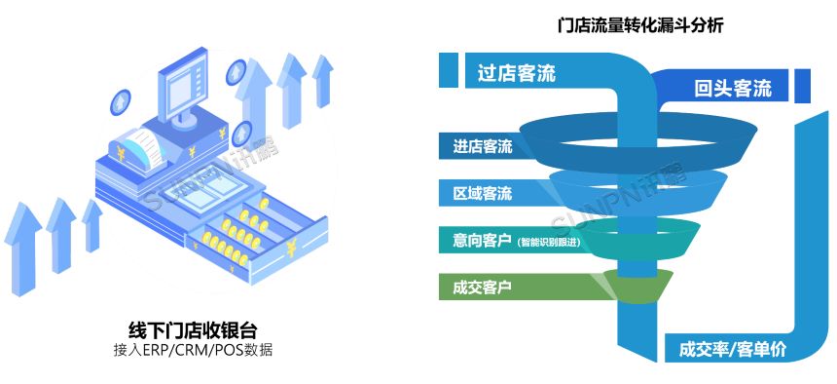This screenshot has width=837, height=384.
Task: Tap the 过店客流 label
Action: tap(517, 73)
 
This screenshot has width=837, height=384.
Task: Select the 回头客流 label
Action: tap(733, 89)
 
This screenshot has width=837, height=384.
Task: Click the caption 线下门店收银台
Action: tap(193, 329)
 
